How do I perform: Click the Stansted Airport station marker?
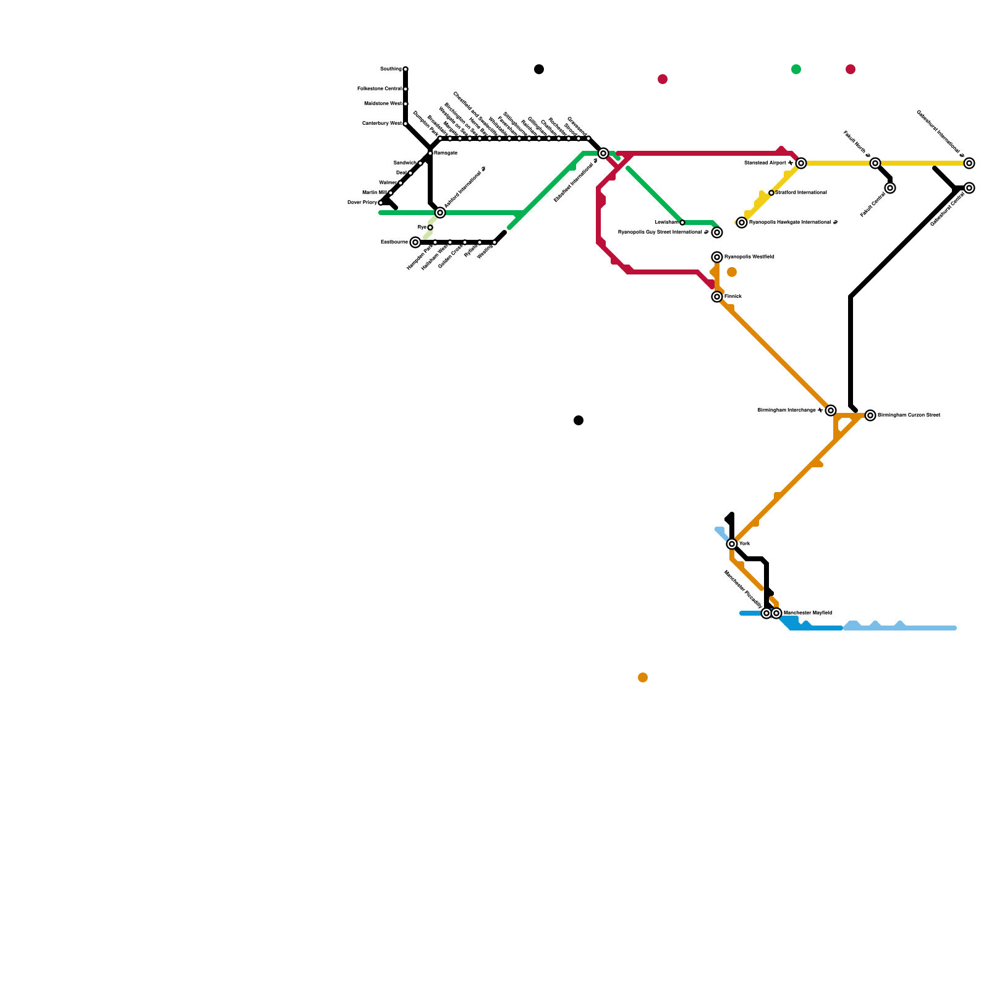click(801, 163)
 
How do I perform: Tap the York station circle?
click(732, 544)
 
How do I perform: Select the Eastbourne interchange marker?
click(415, 242)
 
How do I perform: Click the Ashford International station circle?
click(440, 213)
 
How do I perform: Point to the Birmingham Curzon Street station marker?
click(870, 415)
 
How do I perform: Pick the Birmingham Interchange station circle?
click(831, 410)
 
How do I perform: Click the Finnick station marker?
click(717, 297)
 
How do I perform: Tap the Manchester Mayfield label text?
click(807, 613)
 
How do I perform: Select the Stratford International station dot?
click(771, 193)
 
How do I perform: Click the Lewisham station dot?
click(682, 223)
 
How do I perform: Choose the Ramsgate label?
click(446, 153)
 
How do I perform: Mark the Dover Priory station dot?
click(381, 203)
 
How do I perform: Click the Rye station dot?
click(430, 227)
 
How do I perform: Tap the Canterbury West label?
click(382, 124)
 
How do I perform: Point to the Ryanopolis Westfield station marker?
click(717, 257)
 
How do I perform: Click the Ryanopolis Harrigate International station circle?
click(742, 223)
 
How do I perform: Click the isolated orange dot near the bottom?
click(643, 677)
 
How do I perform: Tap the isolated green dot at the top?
click(796, 69)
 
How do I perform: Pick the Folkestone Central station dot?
click(405, 89)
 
